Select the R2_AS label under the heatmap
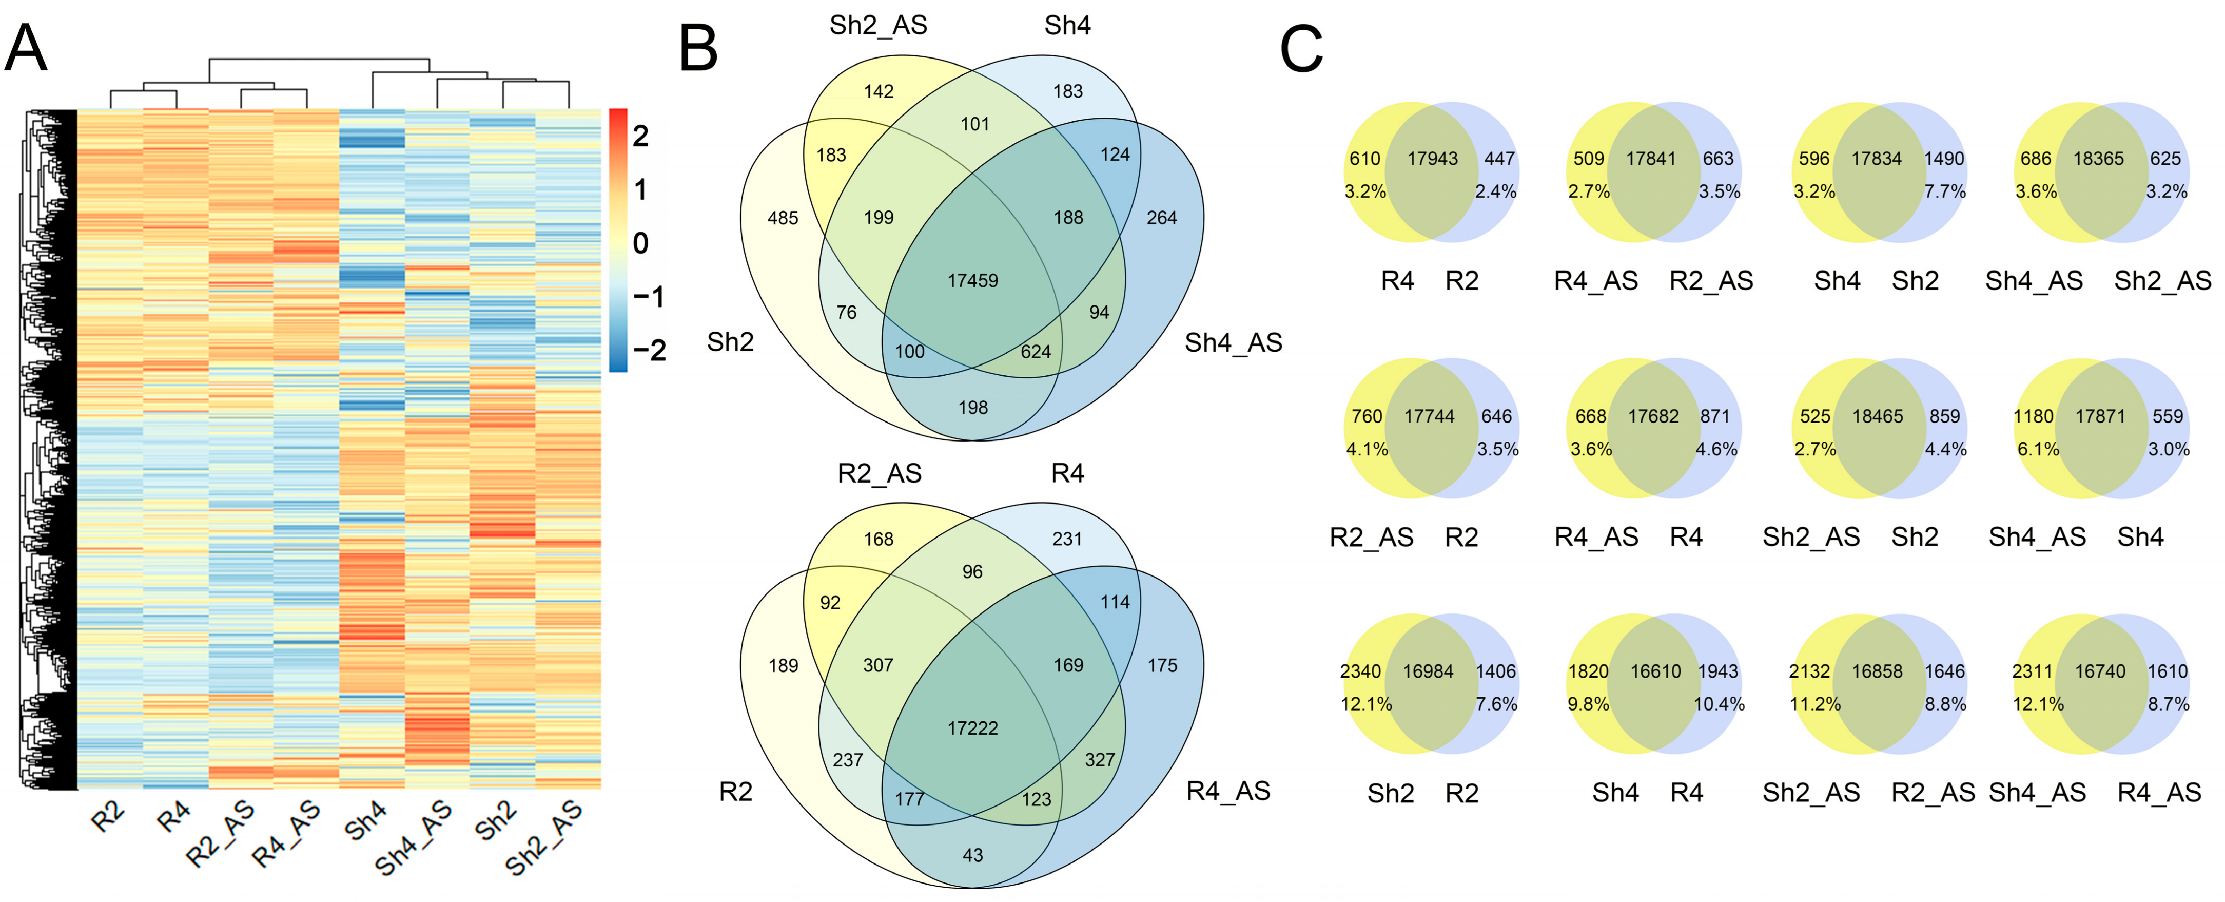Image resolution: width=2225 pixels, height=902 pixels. [x=221, y=833]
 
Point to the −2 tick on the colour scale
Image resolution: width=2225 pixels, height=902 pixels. [x=649, y=350]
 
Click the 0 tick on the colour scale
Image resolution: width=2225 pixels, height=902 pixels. [x=640, y=243]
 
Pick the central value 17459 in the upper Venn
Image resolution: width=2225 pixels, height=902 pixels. [x=972, y=281]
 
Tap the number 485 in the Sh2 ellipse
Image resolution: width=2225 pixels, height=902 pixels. [x=783, y=218]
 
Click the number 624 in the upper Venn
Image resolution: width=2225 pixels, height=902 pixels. [x=1036, y=352]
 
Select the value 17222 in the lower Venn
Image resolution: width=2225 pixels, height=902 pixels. [x=972, y=728]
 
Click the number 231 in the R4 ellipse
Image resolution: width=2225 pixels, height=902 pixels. [x=1067, y=539]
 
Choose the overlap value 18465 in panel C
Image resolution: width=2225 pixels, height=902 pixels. [x=1877, y=416]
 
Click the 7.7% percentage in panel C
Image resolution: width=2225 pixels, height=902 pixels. [x=1944, y=191]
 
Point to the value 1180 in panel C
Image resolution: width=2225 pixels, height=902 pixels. [x=2033, y=416]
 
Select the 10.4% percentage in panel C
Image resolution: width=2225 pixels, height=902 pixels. [x=1719, y=704]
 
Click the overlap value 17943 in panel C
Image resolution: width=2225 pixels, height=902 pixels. [x=1432, y=159]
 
